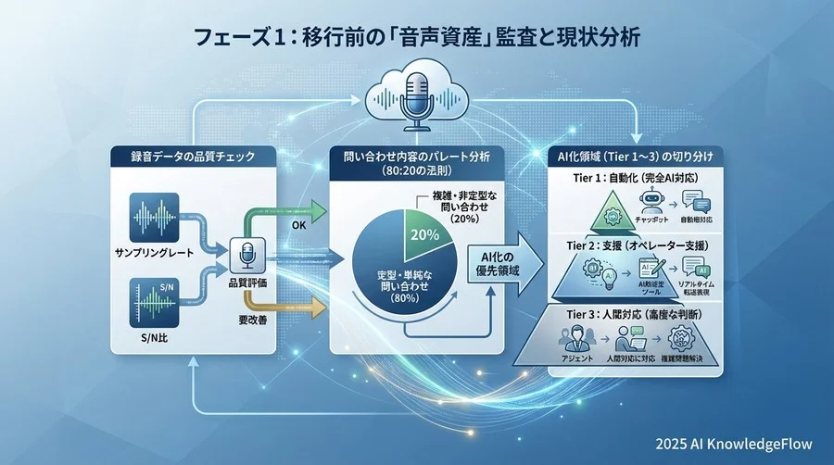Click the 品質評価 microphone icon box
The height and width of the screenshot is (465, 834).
248,254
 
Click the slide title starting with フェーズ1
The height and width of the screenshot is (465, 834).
417,39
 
